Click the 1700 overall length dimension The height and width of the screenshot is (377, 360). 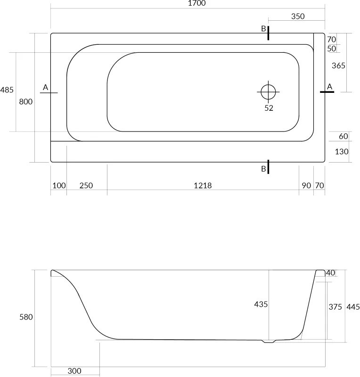tap(196, 3)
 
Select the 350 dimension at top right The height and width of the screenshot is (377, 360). tap(298, 16)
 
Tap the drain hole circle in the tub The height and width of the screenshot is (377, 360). tap(268, 92)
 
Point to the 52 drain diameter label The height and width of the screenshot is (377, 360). tap(269, 108)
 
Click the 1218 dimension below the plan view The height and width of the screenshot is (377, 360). tap(203, 185)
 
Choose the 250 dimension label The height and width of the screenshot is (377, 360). tap(86, 185)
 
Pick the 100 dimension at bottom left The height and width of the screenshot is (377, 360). tap(59, 185)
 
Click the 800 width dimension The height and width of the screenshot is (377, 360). tap(26, 102)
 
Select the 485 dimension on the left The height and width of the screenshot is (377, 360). tap(7, 90)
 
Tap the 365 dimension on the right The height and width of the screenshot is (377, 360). tap(338, 66)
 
